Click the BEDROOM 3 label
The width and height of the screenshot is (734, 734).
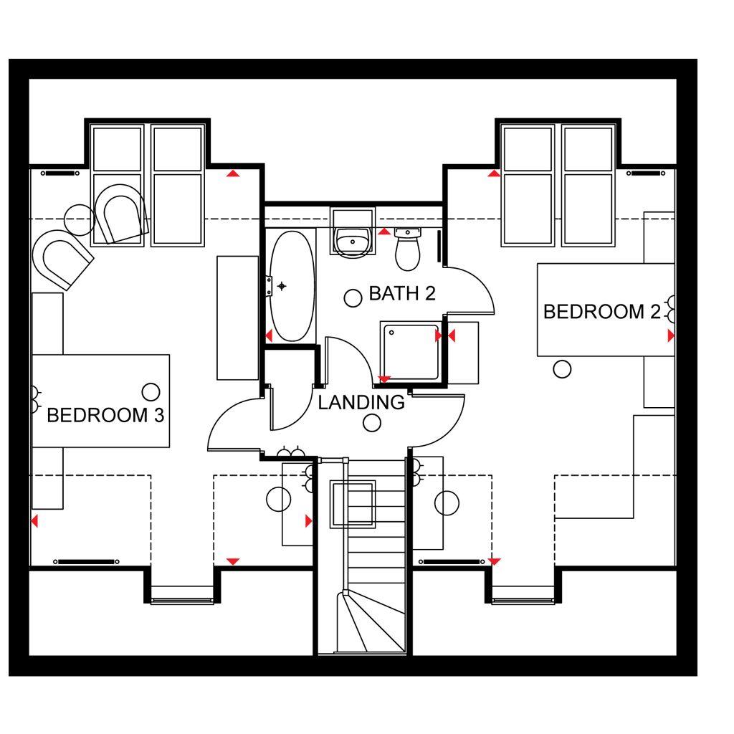pyautogui.click(x=105, y=415)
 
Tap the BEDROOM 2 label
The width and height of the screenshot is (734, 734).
pyautogui.click(x=601, y=311)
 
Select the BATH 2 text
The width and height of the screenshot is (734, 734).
pyautogui.click(x=402, y=293)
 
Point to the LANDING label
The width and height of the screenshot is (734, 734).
pyautogui.click(x=361, y=402)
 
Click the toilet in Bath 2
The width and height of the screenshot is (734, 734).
pyautogui.click(x=408, y=249)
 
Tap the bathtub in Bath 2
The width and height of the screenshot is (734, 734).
pyautogui.click(x=292, y=286)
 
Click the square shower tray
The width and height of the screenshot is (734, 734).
pyautogui.click(x=411, y=351)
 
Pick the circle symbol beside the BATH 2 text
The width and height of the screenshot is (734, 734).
pyautogui.click(x=353, y=298)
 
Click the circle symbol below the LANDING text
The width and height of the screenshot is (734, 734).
pyautogui.click(x=372, y=423)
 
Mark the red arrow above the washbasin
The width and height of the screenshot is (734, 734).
pyautogui.click(x=384, y=232)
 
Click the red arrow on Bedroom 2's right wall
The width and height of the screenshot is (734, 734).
pyautogui.click(x=671, y=335)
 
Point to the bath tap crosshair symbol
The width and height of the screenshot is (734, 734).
pyautogui.click(x=281, y=286)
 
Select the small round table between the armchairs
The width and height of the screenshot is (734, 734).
pyautogui.click(x=80, y=220)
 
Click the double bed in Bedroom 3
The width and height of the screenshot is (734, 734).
pyautogui.click(x=100, y=401)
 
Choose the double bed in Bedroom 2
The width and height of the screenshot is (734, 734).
pyautogui.click(x=606, y=310)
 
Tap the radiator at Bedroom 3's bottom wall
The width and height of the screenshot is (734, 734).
pyautogui.click(x=86, y=561)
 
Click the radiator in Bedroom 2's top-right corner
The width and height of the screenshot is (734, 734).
pyautogui.click(x=647, y=173)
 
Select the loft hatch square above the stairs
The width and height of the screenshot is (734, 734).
pyautogui.click(x=353, y=504)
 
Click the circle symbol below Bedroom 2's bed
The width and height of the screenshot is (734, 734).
pyautogui.click(x=562, y=369)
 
